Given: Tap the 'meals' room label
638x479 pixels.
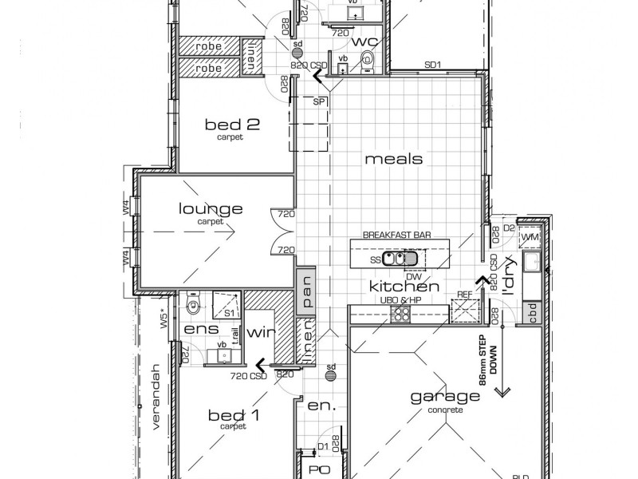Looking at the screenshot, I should pos(393,159).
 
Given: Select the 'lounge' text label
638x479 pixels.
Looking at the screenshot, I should pos(210,209).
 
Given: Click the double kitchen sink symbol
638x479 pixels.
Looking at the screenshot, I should pos(400,258).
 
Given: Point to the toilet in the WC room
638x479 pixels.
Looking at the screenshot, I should pos(368,58).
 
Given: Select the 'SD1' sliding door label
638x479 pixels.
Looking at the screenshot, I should pos(433,65).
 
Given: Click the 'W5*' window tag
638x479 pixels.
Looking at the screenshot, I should pos(163,319).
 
